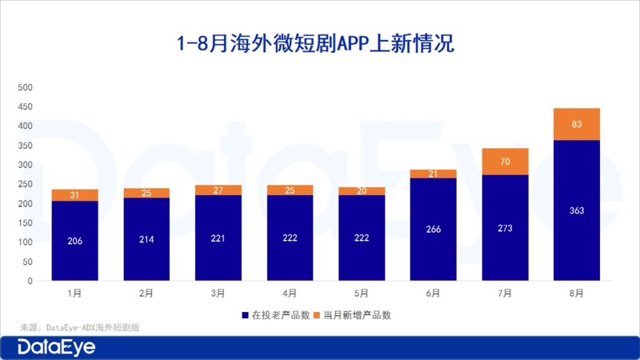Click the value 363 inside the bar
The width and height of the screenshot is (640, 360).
pyautogui.click(x=576, y=210)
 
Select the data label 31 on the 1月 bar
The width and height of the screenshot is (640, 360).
pyautogui.click(x=74, y=195)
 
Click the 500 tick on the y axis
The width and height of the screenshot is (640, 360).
pyautogui.click(x=25, y=87)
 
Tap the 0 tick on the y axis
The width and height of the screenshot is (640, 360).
pyautogui.click(x=30, y=282)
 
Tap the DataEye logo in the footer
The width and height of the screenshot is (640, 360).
pyautogui.click(x=57, y=347)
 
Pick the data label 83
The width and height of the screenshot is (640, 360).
pyautogui.click(x=576, y=124)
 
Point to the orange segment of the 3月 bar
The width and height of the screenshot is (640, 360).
pyautogui.click(x=218, y=190)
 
